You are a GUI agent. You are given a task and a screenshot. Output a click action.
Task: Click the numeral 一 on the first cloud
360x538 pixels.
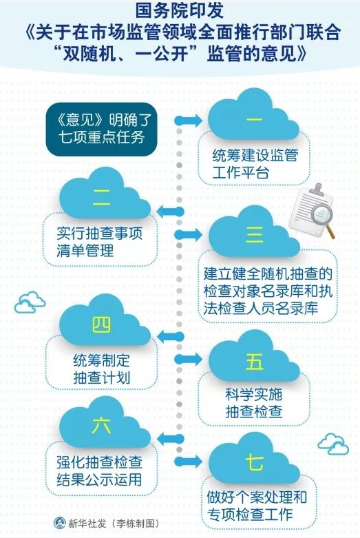[x=254, y=120]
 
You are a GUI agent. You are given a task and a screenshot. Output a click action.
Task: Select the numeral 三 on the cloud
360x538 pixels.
[x=255, y=235]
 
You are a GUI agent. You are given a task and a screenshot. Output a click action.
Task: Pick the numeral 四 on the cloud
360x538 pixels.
[x=101, y=324]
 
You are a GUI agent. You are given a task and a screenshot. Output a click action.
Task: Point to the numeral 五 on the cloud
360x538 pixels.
[x=255, y=362]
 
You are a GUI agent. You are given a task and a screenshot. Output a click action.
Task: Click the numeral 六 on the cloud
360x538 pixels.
[x=101, y=425]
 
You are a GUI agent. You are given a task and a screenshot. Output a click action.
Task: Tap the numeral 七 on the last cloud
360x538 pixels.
[x=255, y=462]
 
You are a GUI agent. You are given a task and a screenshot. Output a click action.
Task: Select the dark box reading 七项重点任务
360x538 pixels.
[x=102, y=130]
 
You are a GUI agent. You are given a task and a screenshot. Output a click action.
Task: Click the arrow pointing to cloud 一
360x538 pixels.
[x=189, y=121]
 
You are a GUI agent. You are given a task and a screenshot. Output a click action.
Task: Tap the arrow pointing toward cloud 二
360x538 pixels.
[x=171, y=212]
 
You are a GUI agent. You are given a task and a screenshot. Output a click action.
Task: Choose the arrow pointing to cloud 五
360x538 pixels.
[x=189, y=359]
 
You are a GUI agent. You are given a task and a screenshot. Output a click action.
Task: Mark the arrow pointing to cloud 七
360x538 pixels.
[x=189, y=461]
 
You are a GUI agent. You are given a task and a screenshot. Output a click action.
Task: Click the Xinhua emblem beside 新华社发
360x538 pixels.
[x=60, y=523]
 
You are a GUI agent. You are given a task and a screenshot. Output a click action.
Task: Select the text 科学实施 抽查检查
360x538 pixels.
[x=254, y=403]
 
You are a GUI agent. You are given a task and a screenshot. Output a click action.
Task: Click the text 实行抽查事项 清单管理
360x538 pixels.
[x=99, y=242]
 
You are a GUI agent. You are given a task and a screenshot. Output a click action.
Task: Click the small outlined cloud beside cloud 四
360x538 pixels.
[x=30, y=302]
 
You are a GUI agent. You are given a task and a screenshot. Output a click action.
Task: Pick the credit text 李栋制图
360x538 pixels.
[x=137, y=524]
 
